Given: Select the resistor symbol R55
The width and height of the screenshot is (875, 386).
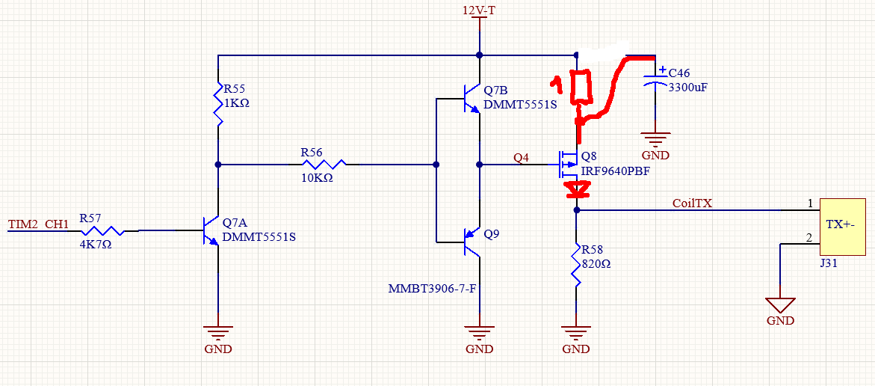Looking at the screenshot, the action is coord(217,105).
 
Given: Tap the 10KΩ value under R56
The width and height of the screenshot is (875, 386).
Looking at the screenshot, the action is coord(317,177).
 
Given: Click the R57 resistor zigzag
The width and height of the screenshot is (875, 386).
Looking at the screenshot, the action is coord(102,230).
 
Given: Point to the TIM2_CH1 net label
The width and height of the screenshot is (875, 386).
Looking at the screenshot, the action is coord(38,224).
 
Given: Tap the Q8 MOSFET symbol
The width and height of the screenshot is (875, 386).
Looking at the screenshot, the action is coord(568,165).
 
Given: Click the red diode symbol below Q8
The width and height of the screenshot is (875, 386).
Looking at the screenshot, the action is coord(576,190).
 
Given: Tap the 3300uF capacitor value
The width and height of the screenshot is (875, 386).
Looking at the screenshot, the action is coord(687,87).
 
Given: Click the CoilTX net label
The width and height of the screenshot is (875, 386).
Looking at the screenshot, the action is coord(693,204).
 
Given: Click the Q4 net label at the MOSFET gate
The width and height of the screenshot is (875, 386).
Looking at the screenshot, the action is coord(522,158).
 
